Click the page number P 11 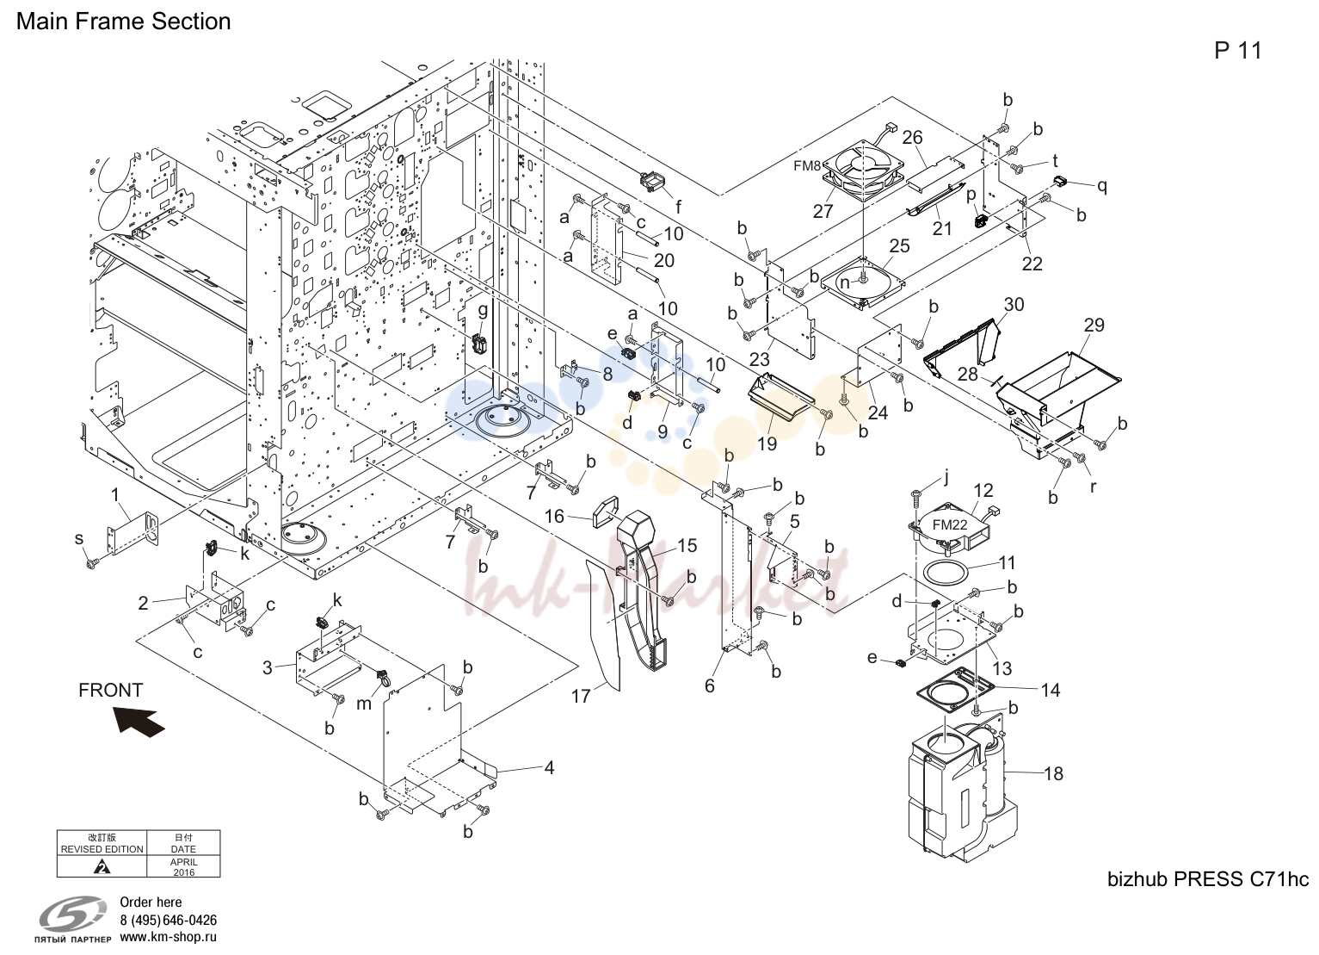tap(1238, 51)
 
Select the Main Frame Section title tap(124, 22)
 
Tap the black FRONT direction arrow tap(139, 722)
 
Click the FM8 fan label tap(807, 165)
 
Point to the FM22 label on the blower tap(950, 524)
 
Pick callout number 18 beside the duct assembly tap(1053, 773)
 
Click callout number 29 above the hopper tap(1094, 325)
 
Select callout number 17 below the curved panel tap(581, 696)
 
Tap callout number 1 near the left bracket tap(115, 494)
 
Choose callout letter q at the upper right tap(1101, 186)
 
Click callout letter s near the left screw tap(79, 538)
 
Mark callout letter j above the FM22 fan tap(946, 475)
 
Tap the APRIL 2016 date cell tap(184, 866)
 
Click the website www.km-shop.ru tap(169, 937)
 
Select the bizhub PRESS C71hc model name tap(1208, 879)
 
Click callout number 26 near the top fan tap(912, 138)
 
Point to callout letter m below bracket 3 tap(364, 704)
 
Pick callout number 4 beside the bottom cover tap(550, 767)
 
